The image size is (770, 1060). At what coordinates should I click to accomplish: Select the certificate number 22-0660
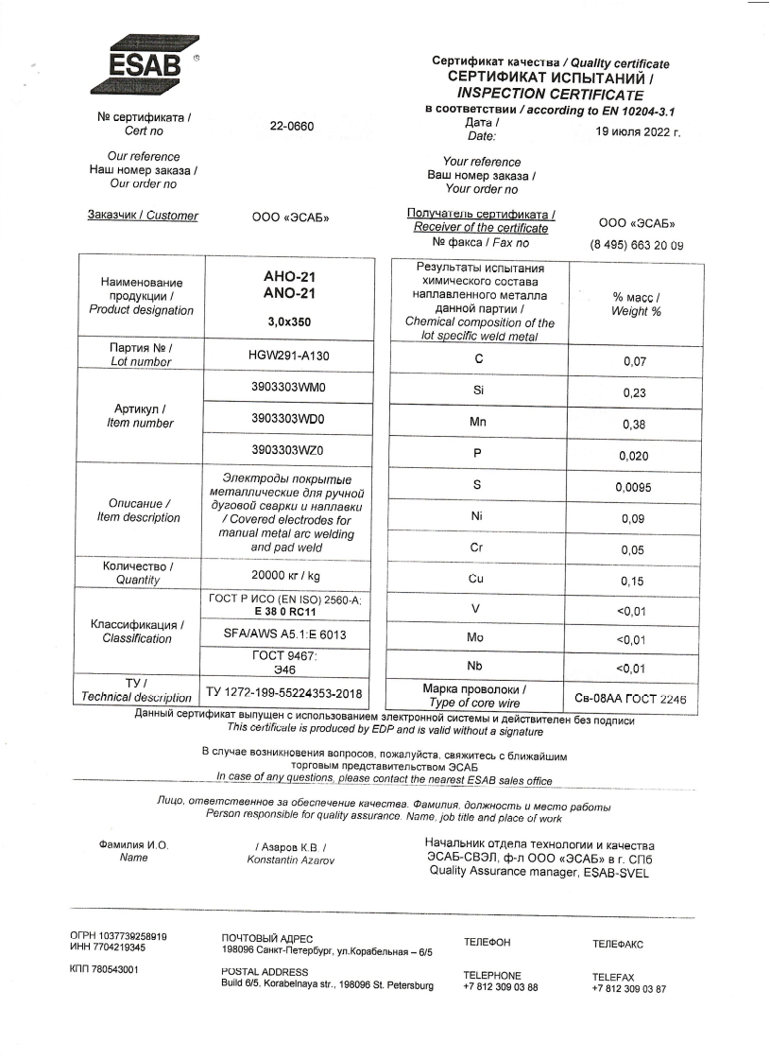point(291,127)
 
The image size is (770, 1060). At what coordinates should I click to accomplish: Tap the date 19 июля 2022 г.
point(632,132)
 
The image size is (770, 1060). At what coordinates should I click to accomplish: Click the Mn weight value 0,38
point(633,425)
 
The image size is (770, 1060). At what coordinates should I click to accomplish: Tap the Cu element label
point(476,579)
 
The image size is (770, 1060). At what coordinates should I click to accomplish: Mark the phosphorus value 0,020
point(633,456)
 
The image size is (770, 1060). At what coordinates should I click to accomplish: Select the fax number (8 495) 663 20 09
point(636,245)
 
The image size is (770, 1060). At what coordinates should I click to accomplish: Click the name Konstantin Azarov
point(290,860)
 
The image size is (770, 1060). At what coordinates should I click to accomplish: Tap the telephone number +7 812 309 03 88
point(500,987)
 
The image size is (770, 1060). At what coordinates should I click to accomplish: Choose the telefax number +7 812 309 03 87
point(628,989)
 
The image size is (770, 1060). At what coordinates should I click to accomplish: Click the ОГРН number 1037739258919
point(119,936)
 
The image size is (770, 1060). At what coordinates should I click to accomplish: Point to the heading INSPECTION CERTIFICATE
point(549,95)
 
